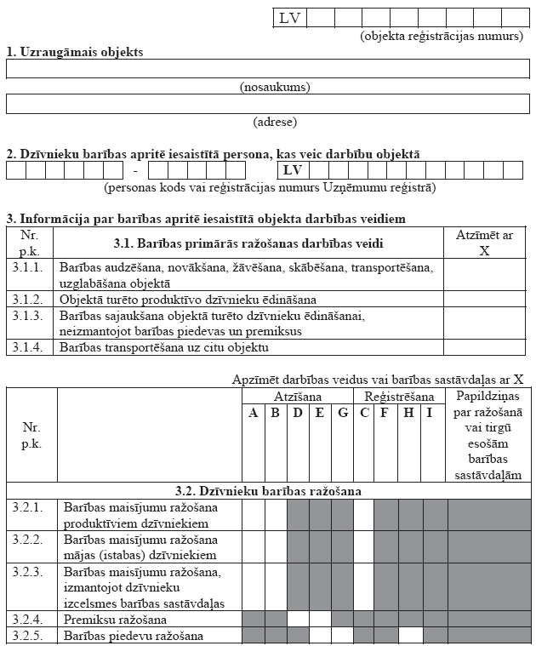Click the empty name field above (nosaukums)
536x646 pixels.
[x=268, y=69]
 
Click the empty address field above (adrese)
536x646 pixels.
[x=268, y=103]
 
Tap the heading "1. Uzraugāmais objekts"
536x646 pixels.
[x=75, y=52]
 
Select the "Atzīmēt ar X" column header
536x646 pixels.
[x=485, y=243]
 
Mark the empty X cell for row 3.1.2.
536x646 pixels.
[x=485, y=299]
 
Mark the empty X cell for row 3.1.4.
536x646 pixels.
[x=485, y=347]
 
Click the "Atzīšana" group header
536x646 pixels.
[x=297, y=397]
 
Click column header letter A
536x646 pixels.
[x=253, y=414]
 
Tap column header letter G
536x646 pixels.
[x=342, y=414]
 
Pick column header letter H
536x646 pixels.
[x=410, y=414]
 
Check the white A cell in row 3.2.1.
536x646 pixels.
[x=253, y=515]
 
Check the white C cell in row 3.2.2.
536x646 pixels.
[x=363, y=546]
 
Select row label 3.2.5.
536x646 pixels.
[x=31, y=636]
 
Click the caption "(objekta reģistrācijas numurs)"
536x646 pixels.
[x=442, y=36]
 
